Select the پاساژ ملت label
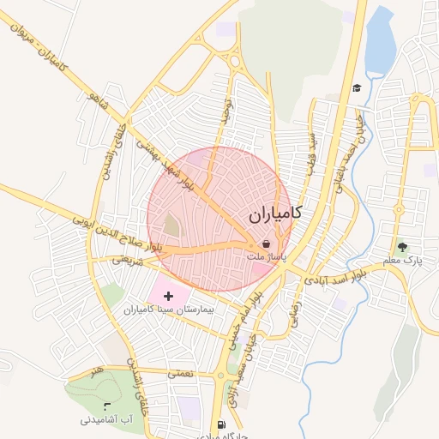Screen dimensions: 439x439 [x=266, y=256]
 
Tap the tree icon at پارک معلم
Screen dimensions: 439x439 [x=402, y=247]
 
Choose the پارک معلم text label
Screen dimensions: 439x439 [x=402, y=259]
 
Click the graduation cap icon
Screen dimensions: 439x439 [x=356, y=87]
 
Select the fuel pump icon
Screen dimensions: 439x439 [x=222, y=424]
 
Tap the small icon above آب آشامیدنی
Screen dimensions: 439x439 [x=106, y=405]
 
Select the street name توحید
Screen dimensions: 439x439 [x=227, y=111]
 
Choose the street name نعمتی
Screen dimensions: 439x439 [x=181, y=373]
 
